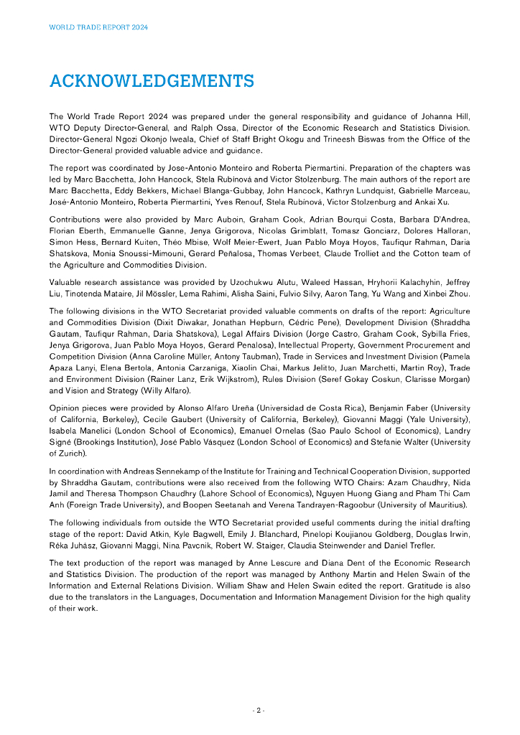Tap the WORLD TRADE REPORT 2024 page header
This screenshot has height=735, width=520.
point(98,27)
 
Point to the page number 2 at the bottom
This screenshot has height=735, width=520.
point(259,710)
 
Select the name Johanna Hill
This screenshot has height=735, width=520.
point(446,116)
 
